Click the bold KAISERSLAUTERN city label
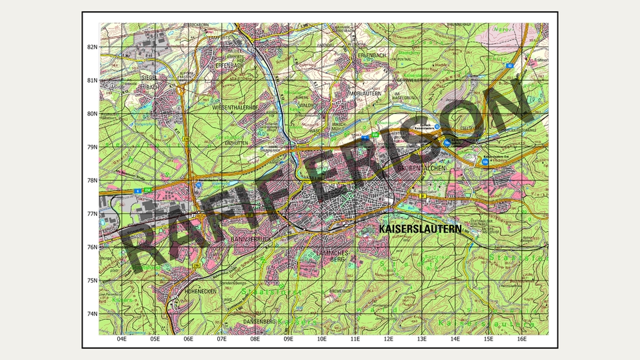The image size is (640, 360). coord(420,229)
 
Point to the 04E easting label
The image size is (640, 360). coord(121,339)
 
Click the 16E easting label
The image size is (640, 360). coord(522,339)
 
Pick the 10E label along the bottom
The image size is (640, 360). coord(321,339)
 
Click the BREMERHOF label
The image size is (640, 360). coord(340,291)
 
